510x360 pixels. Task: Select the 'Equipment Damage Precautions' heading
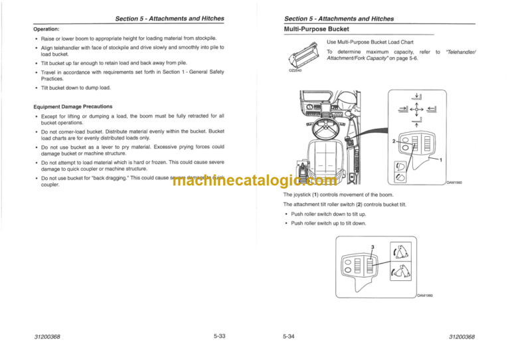pos(74,106)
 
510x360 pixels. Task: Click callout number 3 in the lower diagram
pos(373,247)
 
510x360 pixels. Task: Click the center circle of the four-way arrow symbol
pos(414,112)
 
